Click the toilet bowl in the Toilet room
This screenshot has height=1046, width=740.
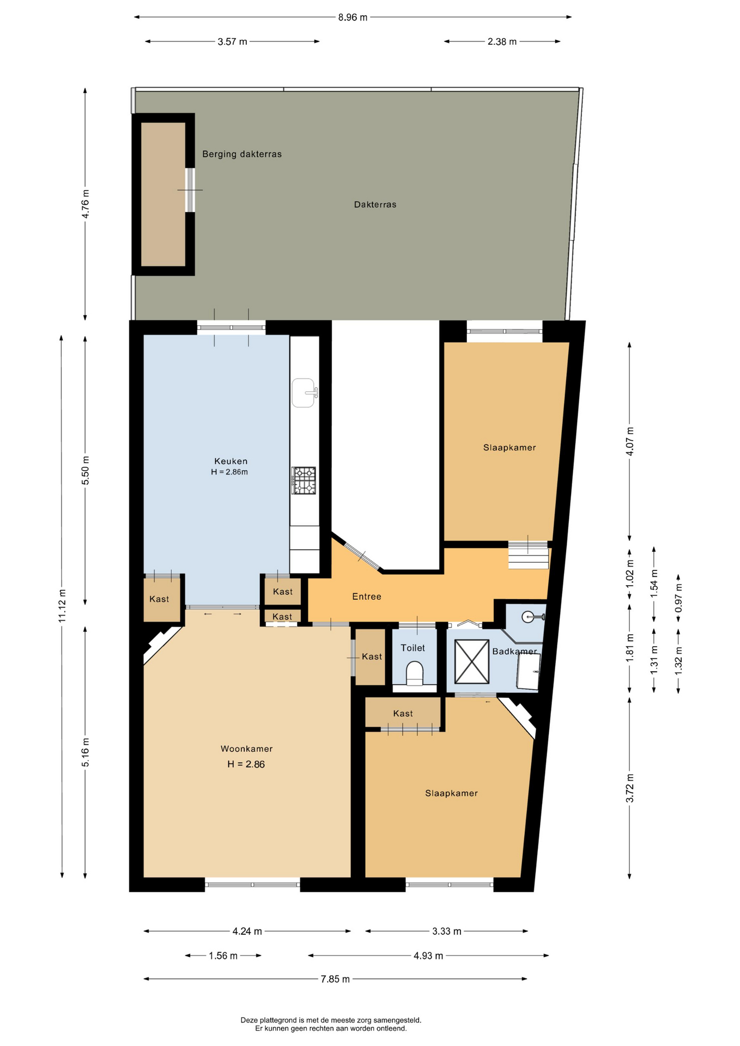click(x=415, y=673)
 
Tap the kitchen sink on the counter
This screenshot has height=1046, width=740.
click(x=304, y=393)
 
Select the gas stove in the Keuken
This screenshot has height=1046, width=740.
click(x=304, y=481)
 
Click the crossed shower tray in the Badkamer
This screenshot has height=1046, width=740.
click(x=471, y=661)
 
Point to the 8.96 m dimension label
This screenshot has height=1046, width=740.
click(x=353, y=17)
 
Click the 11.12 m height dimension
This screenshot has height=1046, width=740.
click(x=62, y=606)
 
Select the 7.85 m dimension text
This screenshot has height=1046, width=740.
click(x=335, y=979)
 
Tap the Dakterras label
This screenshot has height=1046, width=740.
click(x=375, y=205)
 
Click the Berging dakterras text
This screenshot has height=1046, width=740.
click(x=242, y=154)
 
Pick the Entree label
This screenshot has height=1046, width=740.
click(x=367, y=597)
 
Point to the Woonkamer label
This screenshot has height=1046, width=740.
click(x=246, y=749)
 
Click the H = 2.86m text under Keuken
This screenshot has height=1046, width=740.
click(x=229, y=472)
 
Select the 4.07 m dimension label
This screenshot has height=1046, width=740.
click(x=630, y=441)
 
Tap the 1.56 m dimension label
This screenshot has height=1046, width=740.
click(x=223, y=956)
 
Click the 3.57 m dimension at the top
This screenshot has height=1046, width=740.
click(x=232, y=41)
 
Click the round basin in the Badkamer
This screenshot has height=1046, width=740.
click(x=529, y=617)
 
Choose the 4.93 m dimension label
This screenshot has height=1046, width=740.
click(x=428, y=956)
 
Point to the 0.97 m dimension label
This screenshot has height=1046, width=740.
click(x=678, y=598)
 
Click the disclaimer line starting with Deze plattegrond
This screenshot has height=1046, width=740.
click(x=331, y=1020)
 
